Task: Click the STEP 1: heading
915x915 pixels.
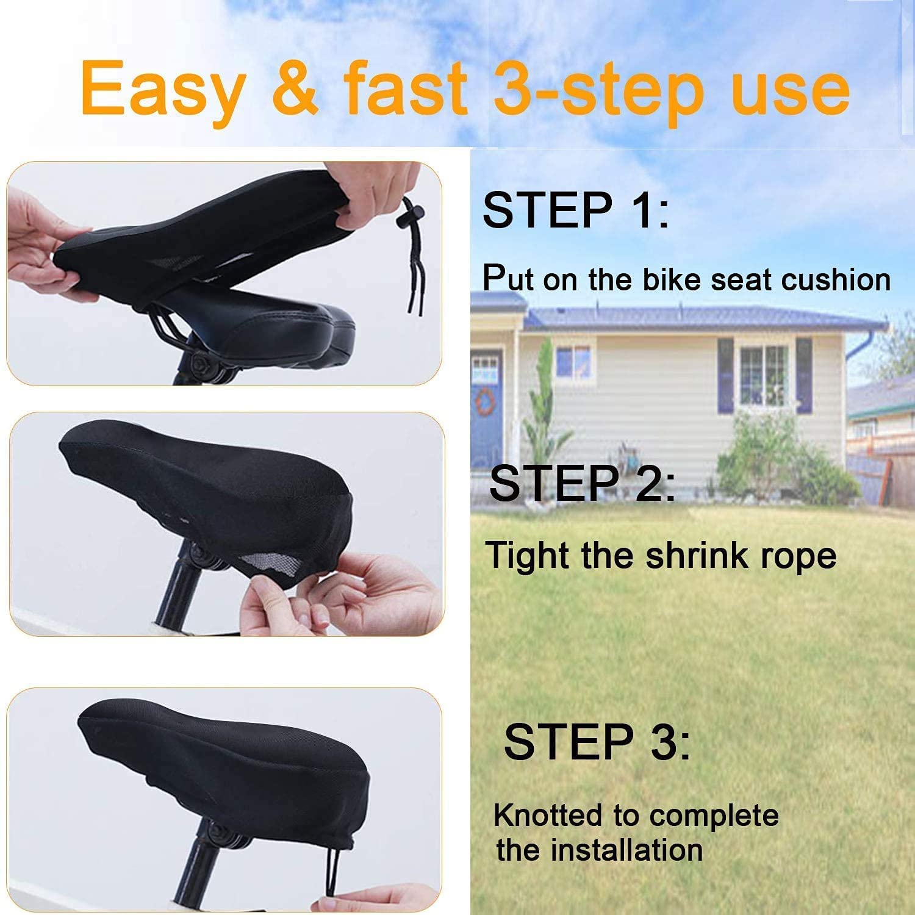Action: point(576,210)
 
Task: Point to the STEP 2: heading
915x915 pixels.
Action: point(583,483)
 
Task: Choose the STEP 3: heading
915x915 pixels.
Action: point(597,742)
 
